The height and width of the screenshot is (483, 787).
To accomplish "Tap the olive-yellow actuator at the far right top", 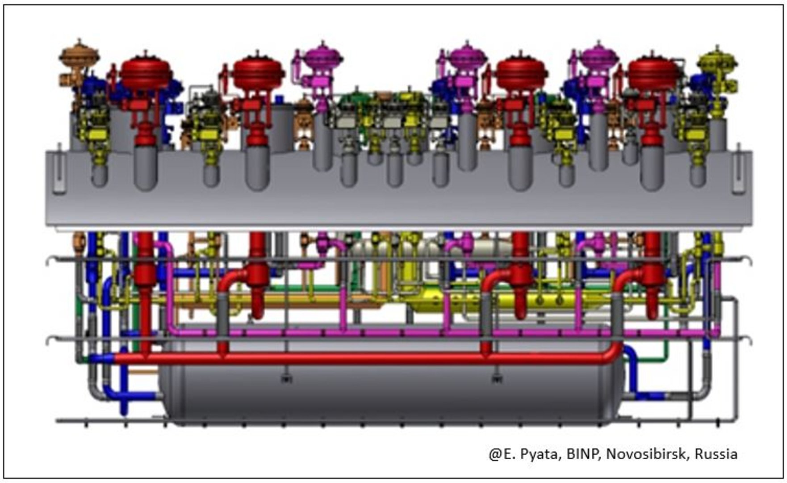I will pos(717,60).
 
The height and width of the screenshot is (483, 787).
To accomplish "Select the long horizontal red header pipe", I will pos(357,358).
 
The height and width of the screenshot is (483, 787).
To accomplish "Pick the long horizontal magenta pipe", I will pos(402,333).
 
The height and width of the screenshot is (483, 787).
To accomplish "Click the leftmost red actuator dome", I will pos(146,72).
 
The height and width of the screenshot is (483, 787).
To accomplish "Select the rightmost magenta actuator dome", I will pos(599,57).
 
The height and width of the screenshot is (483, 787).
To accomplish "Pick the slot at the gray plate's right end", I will pos(738,172).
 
